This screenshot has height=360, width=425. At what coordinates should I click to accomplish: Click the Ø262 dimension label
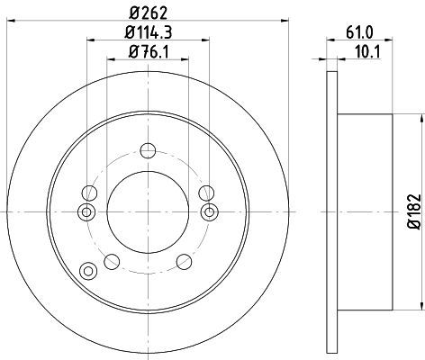[x=148, y=13]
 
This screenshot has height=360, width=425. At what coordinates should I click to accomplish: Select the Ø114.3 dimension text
[x=148, y=32]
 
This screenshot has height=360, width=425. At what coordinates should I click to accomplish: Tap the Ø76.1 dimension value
[x=149, y=52]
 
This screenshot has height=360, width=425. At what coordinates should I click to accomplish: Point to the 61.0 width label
[x=359, y=32]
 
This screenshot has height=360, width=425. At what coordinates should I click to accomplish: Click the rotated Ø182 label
[x=415, y=211]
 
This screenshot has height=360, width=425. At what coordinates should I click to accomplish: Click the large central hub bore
[x=148, y=212]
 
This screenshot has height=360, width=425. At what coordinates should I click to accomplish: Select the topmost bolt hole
[x=148, y=150]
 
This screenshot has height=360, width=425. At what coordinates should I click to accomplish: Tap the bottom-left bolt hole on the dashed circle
[x=112, y=262]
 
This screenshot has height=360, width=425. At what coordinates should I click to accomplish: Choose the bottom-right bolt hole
[x=184, y=262]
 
